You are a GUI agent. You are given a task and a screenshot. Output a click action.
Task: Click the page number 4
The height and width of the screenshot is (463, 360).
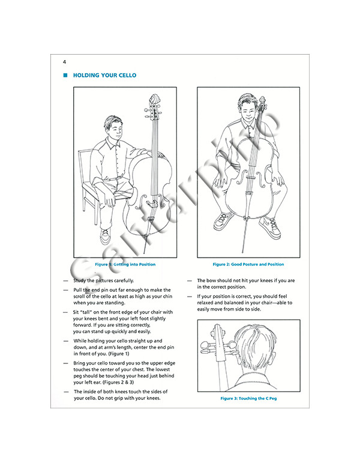pos(64,62)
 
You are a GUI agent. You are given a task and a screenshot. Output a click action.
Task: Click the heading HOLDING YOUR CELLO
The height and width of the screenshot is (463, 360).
pos(104,76)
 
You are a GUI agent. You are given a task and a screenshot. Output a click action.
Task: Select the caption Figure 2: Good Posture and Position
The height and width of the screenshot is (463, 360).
pos(240,264)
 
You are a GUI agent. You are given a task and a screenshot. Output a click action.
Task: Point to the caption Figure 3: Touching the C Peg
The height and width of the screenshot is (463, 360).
pos(241,399)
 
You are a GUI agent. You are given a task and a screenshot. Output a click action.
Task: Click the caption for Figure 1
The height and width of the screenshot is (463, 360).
pos(125,264)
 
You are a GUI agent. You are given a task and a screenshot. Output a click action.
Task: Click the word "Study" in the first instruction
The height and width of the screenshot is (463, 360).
pos(82,280)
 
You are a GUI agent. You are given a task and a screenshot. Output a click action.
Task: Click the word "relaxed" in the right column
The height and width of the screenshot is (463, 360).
pos(207,303)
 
